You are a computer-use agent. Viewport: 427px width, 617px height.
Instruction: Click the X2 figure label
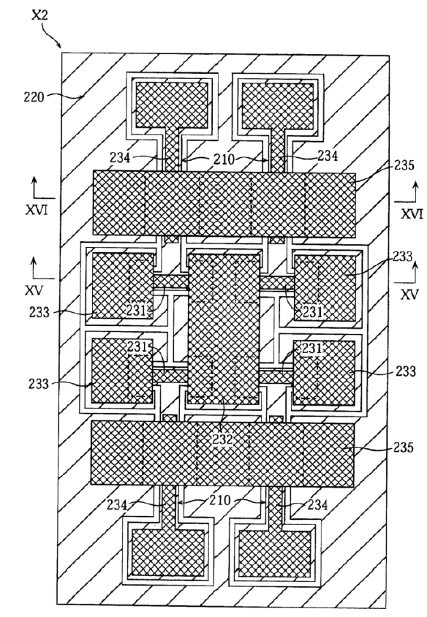39,16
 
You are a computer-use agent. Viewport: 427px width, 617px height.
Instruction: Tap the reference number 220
34,96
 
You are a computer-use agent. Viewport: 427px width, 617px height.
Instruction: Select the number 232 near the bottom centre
223,439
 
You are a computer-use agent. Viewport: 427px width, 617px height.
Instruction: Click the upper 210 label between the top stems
224,159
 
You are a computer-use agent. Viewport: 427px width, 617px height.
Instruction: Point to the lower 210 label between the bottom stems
219,500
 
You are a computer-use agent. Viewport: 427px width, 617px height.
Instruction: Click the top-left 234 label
120,158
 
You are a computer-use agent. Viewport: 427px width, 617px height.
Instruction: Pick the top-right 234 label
328,156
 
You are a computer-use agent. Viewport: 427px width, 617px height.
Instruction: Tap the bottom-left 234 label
117,505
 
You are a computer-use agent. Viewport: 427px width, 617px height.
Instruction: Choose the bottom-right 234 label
317,504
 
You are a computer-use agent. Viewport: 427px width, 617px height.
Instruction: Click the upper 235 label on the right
404,165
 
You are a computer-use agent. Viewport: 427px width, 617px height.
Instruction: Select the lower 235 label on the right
404,448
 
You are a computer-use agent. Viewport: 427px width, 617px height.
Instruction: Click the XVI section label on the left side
37,211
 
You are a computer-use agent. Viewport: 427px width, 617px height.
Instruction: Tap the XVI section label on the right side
412,214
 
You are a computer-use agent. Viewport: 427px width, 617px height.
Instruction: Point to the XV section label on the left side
34,290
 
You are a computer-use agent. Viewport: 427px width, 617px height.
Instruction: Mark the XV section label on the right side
409,295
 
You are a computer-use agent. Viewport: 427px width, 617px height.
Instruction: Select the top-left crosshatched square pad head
172,105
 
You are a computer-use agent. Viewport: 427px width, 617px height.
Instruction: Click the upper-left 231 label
136,310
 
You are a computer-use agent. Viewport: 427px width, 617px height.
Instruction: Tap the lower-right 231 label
312,349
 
